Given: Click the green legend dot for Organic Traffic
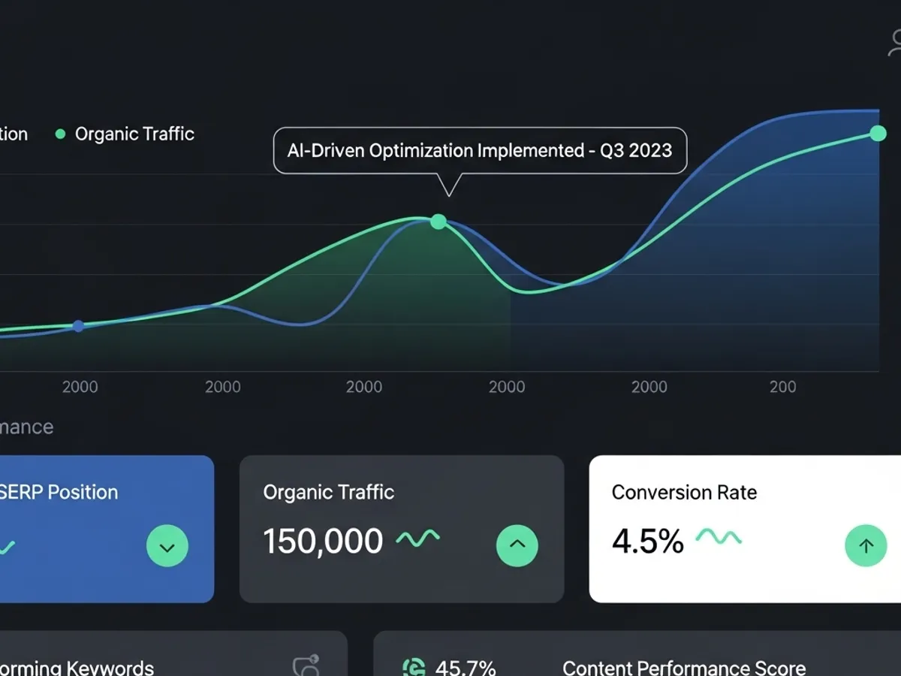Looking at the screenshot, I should tap(61, 134).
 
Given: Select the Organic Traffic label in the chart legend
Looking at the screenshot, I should tap(134, 134).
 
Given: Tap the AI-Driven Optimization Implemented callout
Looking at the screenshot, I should tap(479, 150).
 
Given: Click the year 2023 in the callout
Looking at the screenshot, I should tap(650, 150).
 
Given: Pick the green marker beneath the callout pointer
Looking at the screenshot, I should tap(438, 222).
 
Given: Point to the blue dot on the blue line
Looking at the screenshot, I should tap(78, 326).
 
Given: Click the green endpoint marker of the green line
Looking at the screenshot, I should tap(878, 134).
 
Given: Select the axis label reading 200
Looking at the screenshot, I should tap(782, 387).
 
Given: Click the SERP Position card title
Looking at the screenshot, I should tap(59, 493).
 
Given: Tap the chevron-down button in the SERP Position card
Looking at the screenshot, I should tap(167, 546).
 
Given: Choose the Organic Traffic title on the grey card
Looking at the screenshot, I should tap(328, 493).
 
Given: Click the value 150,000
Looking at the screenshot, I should tap(323, 542).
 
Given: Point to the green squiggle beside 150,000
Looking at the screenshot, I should tap(417, 539).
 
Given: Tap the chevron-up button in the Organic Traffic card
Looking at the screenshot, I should tap(517, 545).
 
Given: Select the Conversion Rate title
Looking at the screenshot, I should tap(684, 493).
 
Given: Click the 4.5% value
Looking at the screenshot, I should tap(647, 542).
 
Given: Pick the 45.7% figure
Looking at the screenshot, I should tap(466, 667).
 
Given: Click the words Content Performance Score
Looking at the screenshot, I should tap(683, 667).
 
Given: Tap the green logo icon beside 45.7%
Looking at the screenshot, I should tap(414, 667).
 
